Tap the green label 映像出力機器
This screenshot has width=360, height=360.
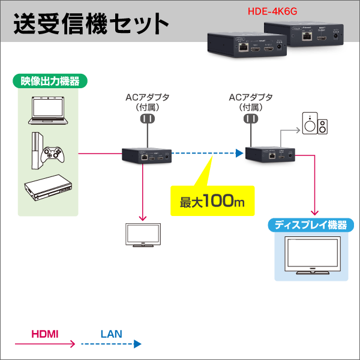[x=46, y=80]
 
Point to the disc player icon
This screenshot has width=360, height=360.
[x=46, y=191]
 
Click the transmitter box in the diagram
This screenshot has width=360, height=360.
[x=146, y=155]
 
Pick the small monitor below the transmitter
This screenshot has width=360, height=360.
[x=142, y=235]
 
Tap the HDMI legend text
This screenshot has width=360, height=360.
[x=44, y=332]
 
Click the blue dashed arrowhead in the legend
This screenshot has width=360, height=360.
[x=137, y=344]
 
